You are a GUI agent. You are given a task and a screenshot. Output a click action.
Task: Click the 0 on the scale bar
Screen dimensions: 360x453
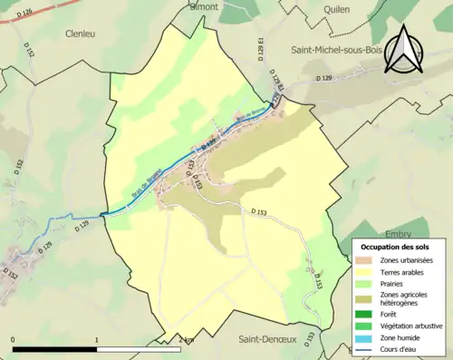point(14,339)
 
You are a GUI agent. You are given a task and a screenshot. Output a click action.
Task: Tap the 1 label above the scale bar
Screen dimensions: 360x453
point(97,339)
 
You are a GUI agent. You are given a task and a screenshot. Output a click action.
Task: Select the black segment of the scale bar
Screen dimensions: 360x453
point(55,348)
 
